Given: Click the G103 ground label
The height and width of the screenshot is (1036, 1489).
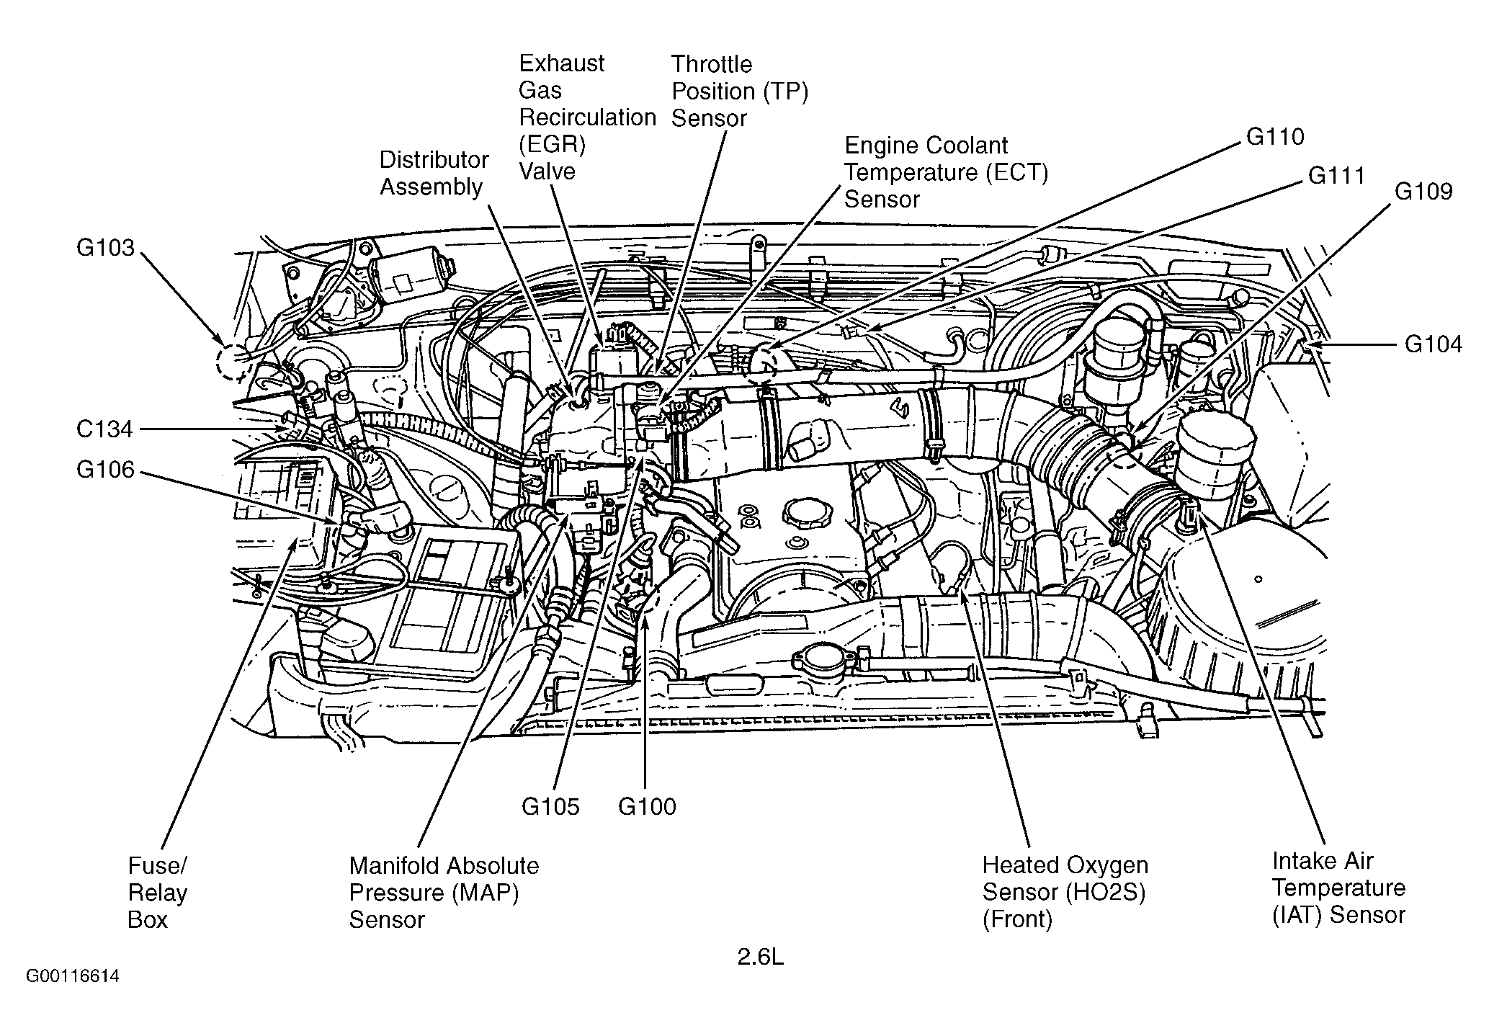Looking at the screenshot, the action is click(x=105, y=248).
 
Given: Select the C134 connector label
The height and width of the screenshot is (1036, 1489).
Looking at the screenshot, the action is click(x=105, y=429).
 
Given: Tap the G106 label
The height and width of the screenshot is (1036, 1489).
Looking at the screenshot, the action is click(x=105, y=470).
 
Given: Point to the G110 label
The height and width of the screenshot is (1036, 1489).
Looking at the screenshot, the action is click(x=1275, y=137).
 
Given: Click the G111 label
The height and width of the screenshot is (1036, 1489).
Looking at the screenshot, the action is click(x=1336, y=176).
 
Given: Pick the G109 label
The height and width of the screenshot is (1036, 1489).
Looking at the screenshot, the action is click(x=1423, y=192).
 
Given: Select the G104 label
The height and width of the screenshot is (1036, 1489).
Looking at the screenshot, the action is click(x=1434, y=344).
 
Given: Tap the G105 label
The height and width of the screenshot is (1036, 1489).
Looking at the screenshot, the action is click(x=550, y=806).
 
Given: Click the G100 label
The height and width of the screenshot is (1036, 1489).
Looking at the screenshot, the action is click(x=647, y=806).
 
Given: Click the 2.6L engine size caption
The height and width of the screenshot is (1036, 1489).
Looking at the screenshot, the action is click(x=760, y=957).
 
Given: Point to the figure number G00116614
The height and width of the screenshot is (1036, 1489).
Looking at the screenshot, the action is click(x=73, y=977).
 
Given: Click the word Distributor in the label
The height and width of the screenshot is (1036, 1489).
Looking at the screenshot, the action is click(x=434, y=160).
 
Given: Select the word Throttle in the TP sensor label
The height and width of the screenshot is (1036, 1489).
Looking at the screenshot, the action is click(x=712, y=64).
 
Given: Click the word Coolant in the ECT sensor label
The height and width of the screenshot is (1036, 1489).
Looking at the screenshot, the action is click(x=967, y=146).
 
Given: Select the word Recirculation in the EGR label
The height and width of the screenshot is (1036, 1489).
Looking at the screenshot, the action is click(x=588, y=117).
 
